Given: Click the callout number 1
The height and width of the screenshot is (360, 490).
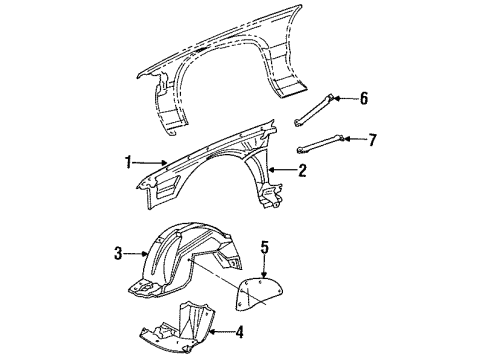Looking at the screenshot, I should [x=126, y=160].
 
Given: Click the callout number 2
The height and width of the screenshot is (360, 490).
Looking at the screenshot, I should [x=301, y=171].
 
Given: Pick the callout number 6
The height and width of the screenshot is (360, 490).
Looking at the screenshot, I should [x=365, y=97].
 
